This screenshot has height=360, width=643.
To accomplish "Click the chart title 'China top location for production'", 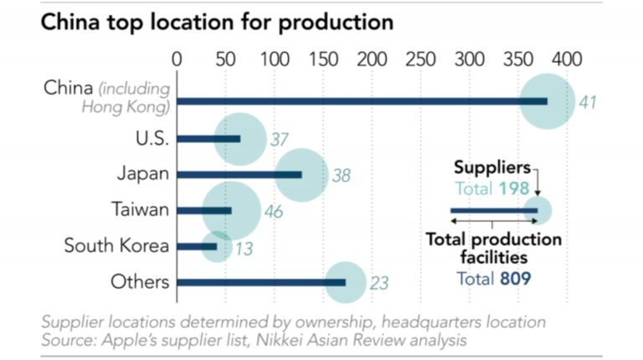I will click(217, 22).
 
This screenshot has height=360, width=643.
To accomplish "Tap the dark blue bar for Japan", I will click(239, 174).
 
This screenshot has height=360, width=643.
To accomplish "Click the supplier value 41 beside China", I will click(588, 102).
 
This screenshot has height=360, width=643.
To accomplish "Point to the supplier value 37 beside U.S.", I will click(280, 138).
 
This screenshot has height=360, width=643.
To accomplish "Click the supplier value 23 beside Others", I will click(379, 283).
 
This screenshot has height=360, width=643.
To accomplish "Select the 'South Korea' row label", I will click(117, 246).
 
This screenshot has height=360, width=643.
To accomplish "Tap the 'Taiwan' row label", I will click(141, 209).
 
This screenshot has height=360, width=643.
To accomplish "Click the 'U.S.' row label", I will click(152, 137).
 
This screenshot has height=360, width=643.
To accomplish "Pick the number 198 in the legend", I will click(512, 189).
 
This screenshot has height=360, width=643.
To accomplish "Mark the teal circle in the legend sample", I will click(538, 211).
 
